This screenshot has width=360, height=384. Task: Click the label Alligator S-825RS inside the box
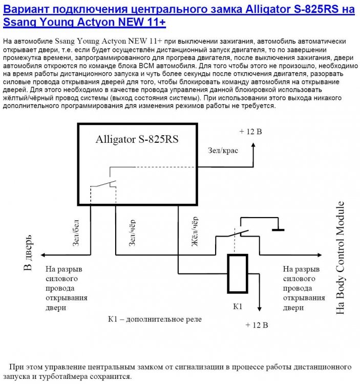point(137,139)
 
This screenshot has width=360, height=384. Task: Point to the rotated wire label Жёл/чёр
point(195,235)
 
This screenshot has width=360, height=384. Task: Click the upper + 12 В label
point(250,132)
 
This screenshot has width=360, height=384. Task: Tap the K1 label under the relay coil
point(237,307)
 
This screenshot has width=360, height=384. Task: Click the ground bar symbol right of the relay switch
point(278,230)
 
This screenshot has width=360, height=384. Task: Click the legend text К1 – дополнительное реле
point(155,318)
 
